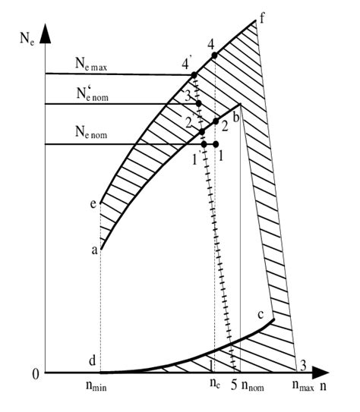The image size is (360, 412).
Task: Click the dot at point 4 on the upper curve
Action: pyautogui.click(x=214, y=55)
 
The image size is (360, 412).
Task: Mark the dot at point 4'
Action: pyautogui.click(x=194, y=74)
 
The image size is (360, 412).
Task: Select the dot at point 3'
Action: pyautogui.click(x=198, y=103)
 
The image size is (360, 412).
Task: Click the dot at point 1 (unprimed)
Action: pyautogui.click(x=216, y=144)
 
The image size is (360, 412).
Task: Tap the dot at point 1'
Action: pyautogui.click(x=204, y=144)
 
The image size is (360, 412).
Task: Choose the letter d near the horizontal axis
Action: pyautogui.click(x=91, y=358)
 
